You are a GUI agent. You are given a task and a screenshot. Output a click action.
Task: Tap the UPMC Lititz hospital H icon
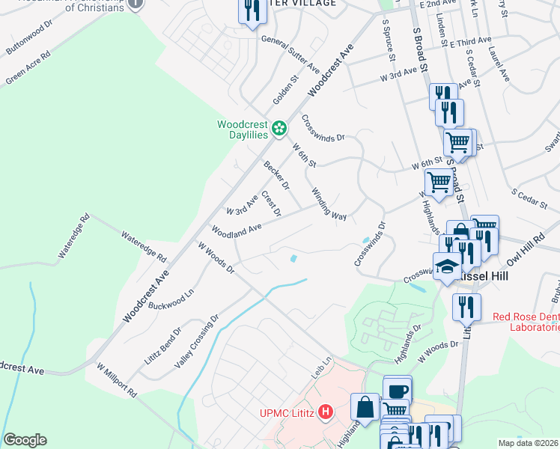click(326, 412)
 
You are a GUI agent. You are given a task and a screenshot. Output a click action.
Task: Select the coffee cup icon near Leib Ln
click(398, 390)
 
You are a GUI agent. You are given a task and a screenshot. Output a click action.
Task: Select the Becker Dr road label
click(276, 175)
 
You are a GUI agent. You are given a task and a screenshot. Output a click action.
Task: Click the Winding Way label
click(329, 204)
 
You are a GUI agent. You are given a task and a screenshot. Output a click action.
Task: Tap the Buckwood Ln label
click(171, 302)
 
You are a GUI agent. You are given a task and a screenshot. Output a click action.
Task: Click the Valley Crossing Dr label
click(196, 341)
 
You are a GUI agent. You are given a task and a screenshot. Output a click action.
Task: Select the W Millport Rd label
click(118, 380)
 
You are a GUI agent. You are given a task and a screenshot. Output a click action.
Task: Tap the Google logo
click(25, 440)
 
